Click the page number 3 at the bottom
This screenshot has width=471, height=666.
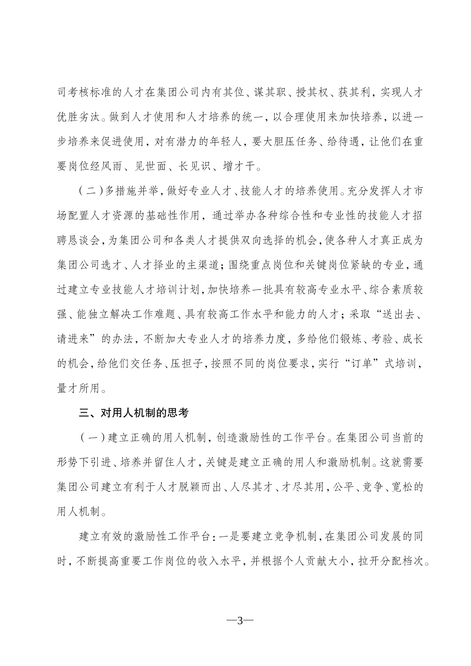tap(239, 621)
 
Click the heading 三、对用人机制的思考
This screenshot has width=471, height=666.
tap(134, 412)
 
